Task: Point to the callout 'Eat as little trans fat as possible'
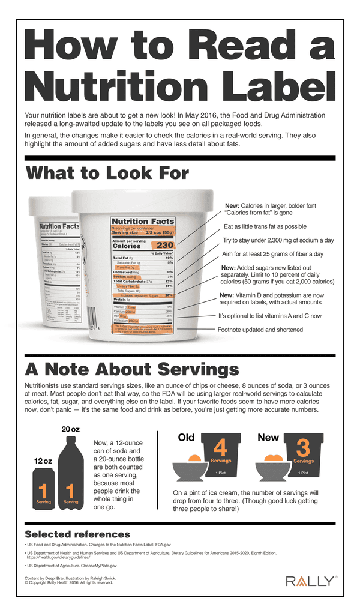265,226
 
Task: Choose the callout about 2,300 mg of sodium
278,240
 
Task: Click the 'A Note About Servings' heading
131,368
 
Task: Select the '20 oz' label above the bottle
71,429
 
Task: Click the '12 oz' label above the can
42,461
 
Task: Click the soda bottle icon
71,474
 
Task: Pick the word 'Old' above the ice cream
186,438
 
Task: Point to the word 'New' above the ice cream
268,438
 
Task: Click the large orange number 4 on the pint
220,449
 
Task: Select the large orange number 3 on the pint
303,449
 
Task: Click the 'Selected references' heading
77,534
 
